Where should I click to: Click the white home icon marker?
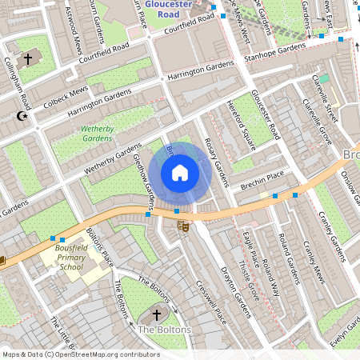point(180,172)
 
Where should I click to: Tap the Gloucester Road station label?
point(169,9)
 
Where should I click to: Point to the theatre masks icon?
point(183,226)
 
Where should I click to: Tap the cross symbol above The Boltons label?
point(156,314)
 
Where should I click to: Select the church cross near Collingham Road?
point(28,59)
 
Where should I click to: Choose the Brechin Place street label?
point(262,180)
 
